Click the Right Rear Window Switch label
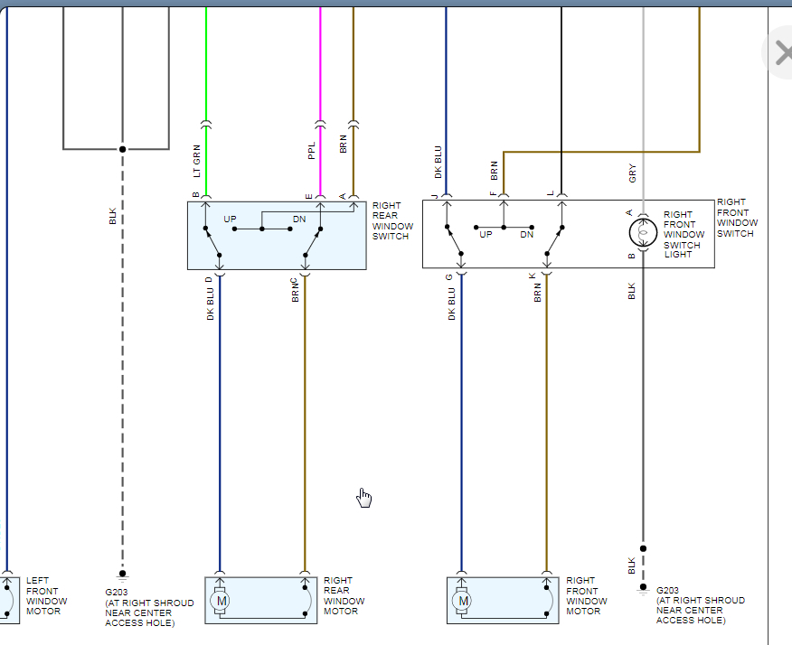[392, 220]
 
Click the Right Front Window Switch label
[737, 218]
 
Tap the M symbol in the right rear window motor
[221, 600]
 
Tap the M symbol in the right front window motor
[463, 600]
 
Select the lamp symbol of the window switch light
[643, 232]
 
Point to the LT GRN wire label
[196, 161]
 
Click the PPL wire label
[312, 151]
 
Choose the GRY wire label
[633, 173]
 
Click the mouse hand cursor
[364, 498]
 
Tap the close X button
[781, 51]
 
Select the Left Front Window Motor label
[43, 596]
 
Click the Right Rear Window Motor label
[344, 596]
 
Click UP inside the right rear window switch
[231, 220]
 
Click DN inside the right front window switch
[526, 234]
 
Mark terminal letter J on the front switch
[436, 195]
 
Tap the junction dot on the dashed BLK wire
[122, 149]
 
